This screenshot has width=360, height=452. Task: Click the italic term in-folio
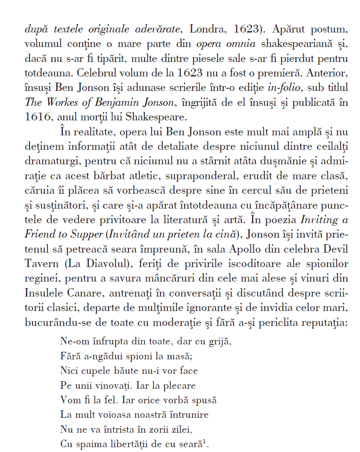(284, 88)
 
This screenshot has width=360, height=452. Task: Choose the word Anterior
(329, 73)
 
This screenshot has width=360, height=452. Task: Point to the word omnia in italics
(240, 44)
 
